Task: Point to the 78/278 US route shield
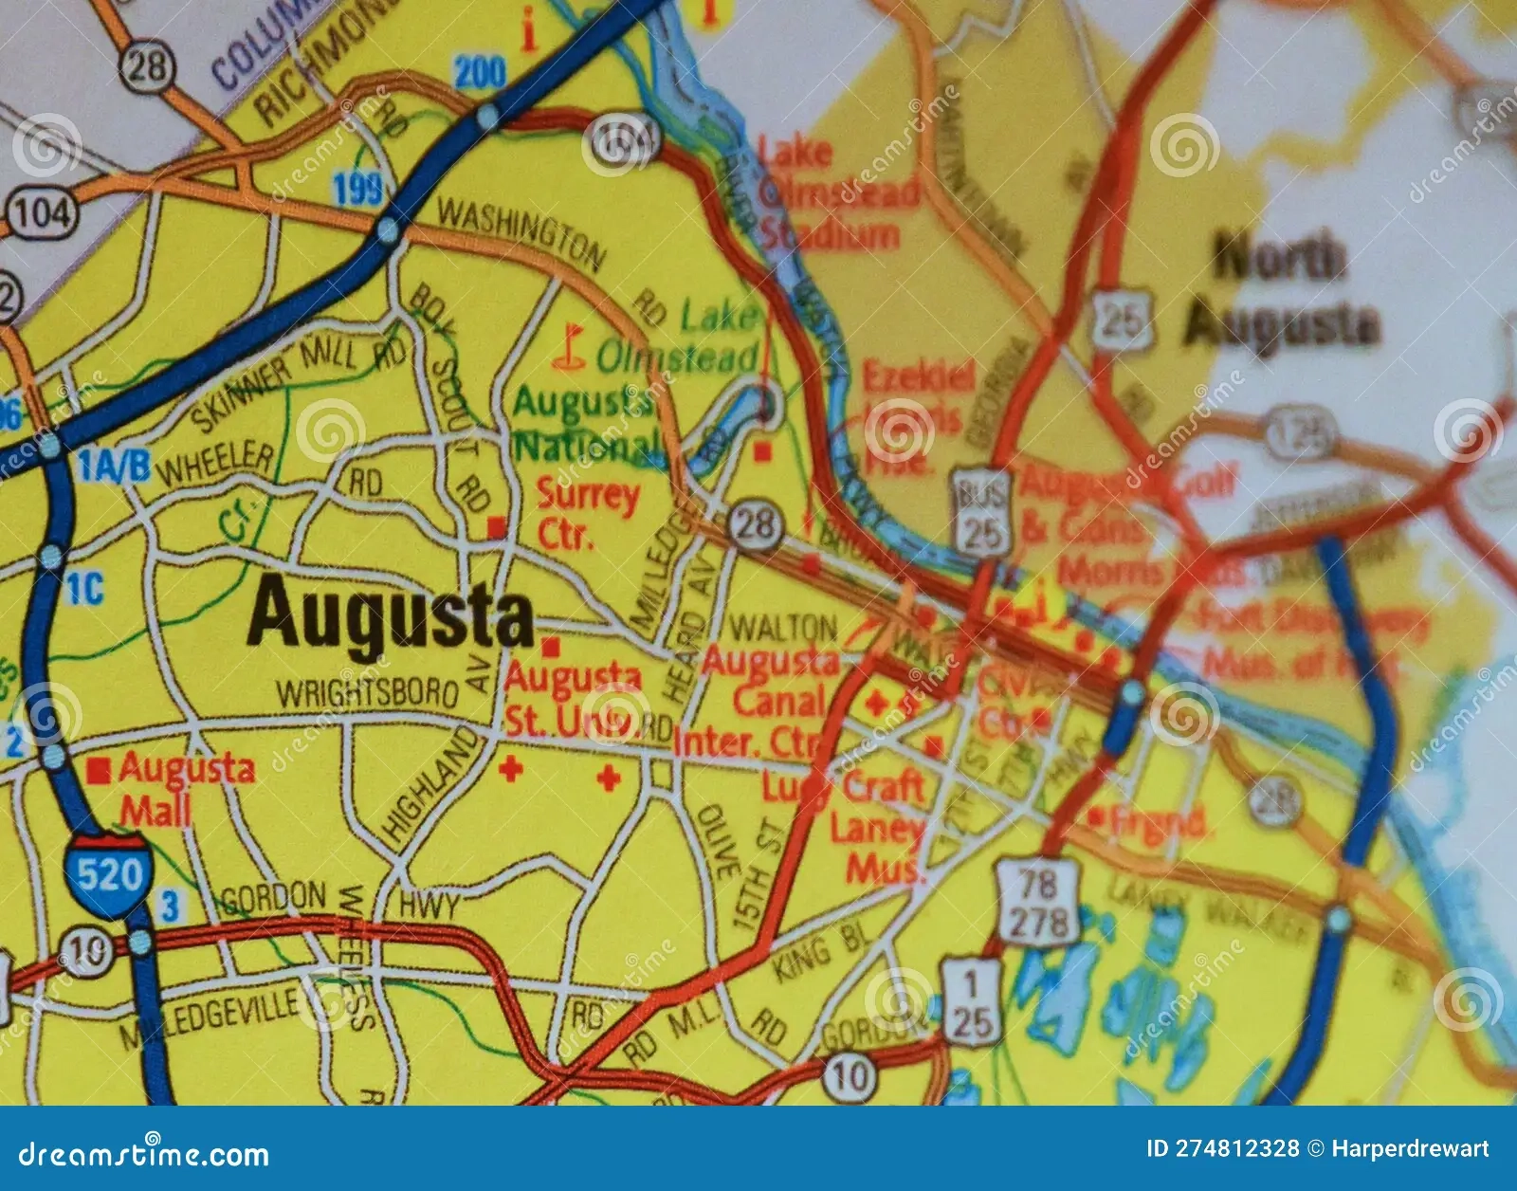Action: point(1037,904)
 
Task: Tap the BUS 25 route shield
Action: point(981,512)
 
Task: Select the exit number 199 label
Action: point(358,189)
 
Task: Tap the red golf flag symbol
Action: point(569,345)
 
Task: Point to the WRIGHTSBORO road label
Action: point(369,693)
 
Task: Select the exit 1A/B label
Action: point(114,466)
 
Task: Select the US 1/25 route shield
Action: point(970,1001)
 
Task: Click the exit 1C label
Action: point(83,589)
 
